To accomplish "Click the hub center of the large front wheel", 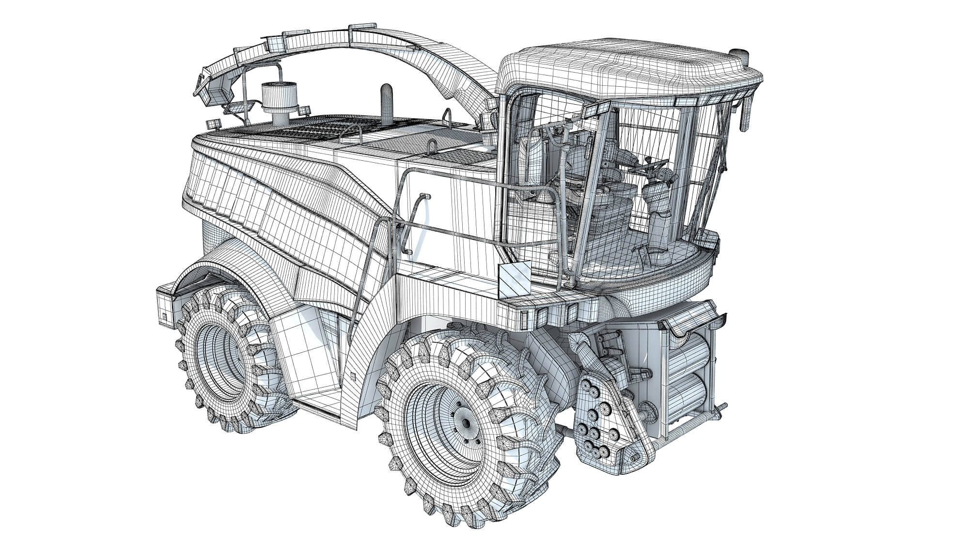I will pyautogui.click(x=466, y=423).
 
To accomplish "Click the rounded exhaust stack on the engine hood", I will pyautogui.click(x=387, y=104).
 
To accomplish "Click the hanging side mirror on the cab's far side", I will pyautogui.click(x=744, y=116).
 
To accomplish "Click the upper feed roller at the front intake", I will pyautogui.click(x=688, y=349).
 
